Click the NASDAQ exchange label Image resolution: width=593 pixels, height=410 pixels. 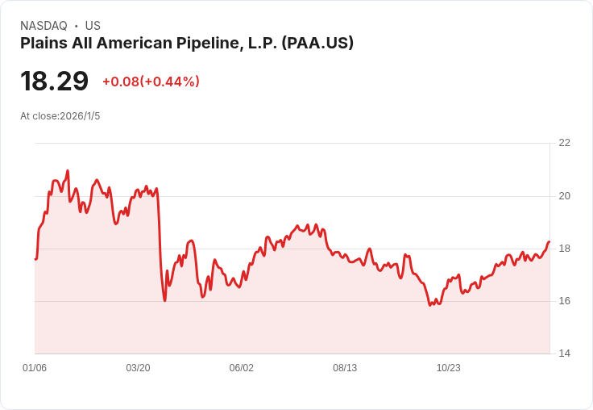(44, 26)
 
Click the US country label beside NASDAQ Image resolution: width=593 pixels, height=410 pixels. (93, 26)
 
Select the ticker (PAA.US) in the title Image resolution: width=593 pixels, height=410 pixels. (317, 44)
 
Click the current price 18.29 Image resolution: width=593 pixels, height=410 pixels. (54, 82)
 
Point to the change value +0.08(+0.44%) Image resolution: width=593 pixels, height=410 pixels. (151, 82)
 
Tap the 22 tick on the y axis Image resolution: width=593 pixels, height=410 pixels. (564, 143)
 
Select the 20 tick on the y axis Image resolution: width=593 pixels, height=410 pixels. (564, 195)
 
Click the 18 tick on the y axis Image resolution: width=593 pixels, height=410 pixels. (564, 249)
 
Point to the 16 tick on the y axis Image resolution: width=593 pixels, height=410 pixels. (564, 301)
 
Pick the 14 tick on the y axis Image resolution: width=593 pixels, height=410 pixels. (564, 354)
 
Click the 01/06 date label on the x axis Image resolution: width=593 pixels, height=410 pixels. (35, 368)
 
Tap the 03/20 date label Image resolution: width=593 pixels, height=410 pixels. (138, 368)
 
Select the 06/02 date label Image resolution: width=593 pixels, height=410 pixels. (242, 368)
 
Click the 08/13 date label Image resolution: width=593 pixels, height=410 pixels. (345, 368)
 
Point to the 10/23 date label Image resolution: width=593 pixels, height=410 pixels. (449, 368)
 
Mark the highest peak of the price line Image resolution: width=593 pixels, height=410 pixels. (68, 171)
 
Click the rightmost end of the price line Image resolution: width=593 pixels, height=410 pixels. (549, 242)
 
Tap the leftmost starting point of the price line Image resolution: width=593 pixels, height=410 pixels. (35, 259)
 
